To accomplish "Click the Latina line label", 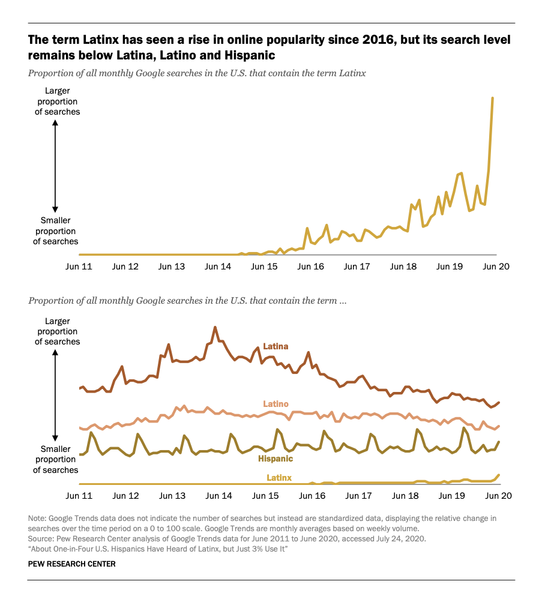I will pos(275,346).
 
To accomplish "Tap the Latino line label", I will pos(275,404).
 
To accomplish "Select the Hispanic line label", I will pos(275,459).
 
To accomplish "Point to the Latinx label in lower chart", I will pos(279,478).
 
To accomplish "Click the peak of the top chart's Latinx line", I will pos(493,98).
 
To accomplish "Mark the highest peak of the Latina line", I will pos(215,328).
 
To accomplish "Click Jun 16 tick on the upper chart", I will pos(311,266).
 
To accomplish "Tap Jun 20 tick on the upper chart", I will pos(496,266).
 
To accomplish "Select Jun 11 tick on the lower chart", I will pos(79,496).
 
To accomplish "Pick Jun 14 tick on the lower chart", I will pos(218,496).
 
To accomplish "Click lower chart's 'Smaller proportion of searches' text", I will pos(55,459).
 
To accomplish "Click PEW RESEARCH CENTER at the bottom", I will pos(71,564).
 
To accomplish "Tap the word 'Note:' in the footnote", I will pos(37,518).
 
